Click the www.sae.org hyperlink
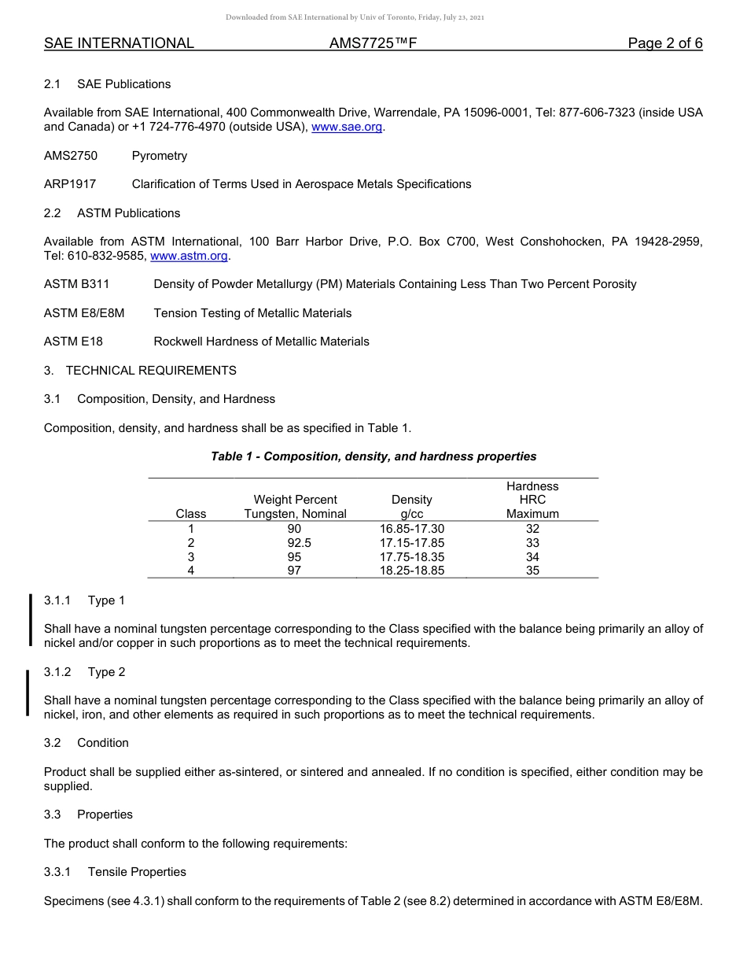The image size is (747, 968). (347, 127)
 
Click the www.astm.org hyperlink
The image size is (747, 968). (189, 256)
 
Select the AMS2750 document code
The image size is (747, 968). (71, 156)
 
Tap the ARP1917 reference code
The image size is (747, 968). (70, 184)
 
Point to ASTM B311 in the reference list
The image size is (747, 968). (76, 284)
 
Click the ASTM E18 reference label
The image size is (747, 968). (73, 342)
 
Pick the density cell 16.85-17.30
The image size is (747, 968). (411, 529)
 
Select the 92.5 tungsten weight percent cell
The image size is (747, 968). (295, 543)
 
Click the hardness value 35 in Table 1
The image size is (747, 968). (532, 571)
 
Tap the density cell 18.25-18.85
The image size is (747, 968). (411, 571)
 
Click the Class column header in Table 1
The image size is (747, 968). (191, 514)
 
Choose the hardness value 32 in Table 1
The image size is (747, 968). (532, 529)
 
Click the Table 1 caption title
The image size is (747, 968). (373, 456)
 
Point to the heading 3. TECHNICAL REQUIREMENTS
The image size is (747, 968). (140, 371)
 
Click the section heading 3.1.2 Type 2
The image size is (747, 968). (84, 672)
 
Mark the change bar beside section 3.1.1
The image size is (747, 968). (30, 620)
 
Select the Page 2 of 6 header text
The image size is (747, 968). (664, 43)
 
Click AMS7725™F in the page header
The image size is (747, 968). (373, 43)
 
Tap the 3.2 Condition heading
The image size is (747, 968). (86, 743)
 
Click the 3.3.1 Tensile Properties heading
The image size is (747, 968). (115, 872)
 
